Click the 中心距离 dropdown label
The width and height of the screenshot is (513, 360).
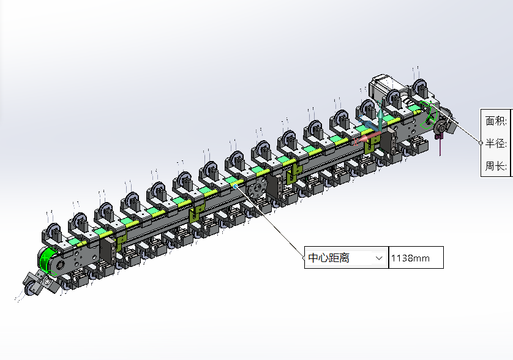[x=329, y=258]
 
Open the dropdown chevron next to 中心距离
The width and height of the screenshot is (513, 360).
[x=379, y=258]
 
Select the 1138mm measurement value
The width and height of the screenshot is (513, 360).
[x=410, y=258]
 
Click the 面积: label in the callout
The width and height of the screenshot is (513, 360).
[x=496, y=121]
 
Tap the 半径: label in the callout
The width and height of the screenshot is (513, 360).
[x=496, y=143]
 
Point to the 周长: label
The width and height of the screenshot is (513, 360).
[x=496, y=166]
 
